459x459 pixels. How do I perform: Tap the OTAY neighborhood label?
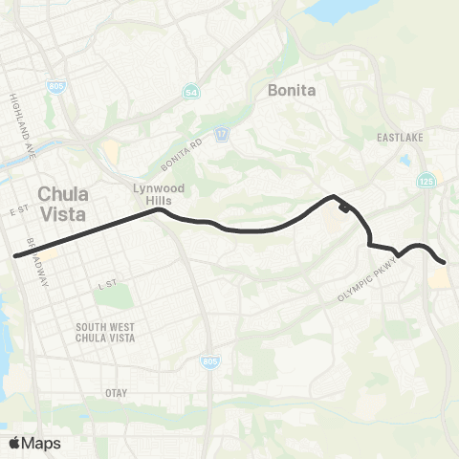point(115,392)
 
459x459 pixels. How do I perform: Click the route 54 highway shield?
point(191,92)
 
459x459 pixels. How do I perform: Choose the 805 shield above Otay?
point(209,361)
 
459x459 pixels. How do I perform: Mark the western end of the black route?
point(15,255)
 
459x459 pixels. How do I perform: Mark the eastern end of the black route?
point(444,262)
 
